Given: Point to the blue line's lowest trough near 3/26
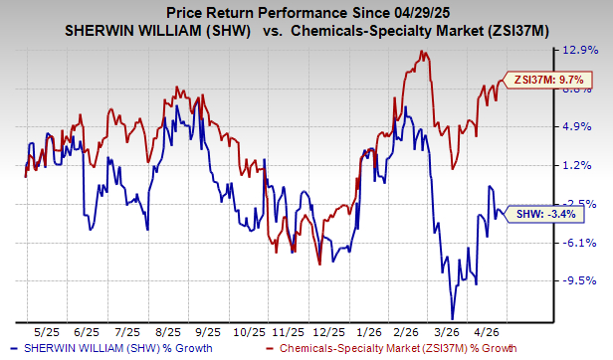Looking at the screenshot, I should click(453, 317).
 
